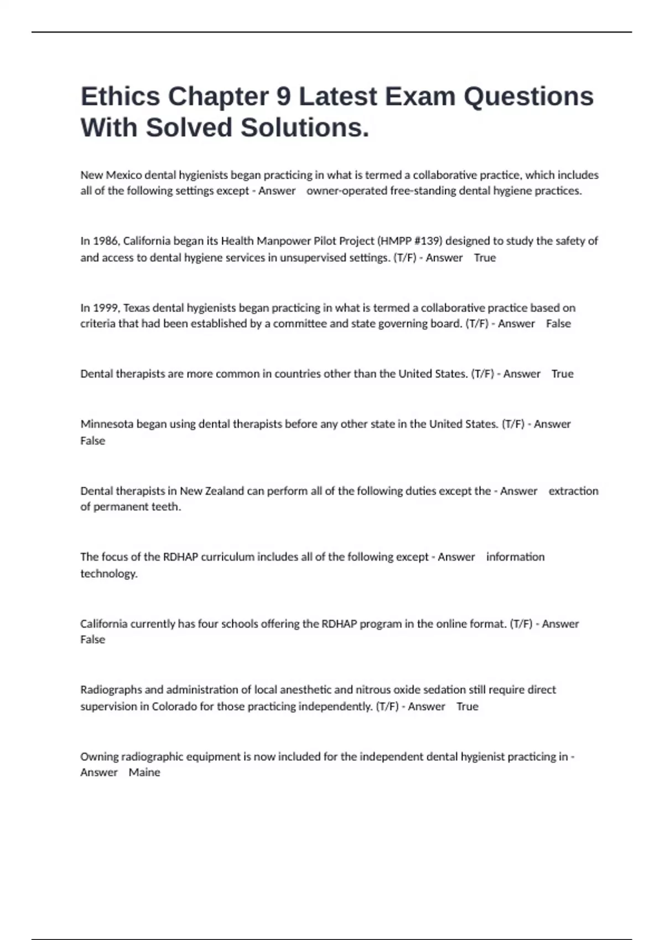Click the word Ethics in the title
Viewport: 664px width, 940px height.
click(120, 97)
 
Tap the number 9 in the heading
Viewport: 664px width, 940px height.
click(283, 97)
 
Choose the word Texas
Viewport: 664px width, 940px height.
click(137, 308)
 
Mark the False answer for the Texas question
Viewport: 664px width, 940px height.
click(558, 324)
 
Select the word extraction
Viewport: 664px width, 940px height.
click(573, 491)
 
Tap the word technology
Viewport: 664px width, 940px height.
click(108, 574)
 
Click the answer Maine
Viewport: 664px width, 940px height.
click(144, 773)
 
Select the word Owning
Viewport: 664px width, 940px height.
click(99, 757)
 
